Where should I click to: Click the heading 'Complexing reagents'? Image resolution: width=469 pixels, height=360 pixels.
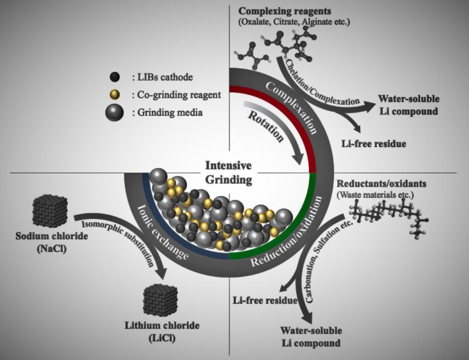[x=282, y=12]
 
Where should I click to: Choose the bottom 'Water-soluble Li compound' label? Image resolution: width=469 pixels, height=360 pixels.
[x=311, y=337]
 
